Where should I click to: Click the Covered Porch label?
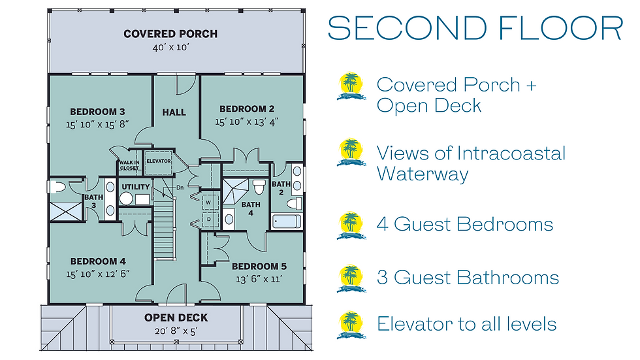[x=170, y=34]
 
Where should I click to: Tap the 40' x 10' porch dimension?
[x=170, y=47]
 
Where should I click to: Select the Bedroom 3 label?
[x=97, y=112]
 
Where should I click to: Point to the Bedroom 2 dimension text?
[x=247, y=122]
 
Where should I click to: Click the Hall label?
[x=174, y=112]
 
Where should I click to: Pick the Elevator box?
[x=159, y=163]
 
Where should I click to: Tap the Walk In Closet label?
[x=129, y=165]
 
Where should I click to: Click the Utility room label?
[x=136, y=187]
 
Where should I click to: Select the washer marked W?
[x=209, y=203]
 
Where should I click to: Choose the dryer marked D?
[x=209, y=219]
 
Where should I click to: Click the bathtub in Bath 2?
[x=287, y=221]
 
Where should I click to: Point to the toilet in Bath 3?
[x=57, y=187]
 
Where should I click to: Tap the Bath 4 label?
[x=251, y=208]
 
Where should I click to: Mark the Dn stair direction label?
[x=180, y=188]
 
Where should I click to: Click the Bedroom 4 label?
[x=98, y=261]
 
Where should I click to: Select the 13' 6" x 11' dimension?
[x=259, y=279]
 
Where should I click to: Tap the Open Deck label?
[x=176, y=318]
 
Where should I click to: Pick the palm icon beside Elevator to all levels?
[x=351, y=325]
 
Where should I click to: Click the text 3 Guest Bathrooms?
[x=468, y=278]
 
